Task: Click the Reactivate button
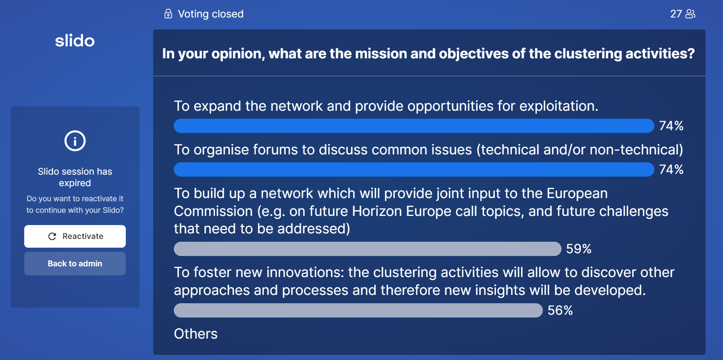click(75, 236)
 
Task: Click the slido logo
click(75, 40)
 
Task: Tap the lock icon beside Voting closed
click(168, 14)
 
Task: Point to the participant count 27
click(676, 14)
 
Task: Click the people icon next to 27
click(690, 14)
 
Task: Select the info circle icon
click(75, 141)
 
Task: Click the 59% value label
click(579, 249)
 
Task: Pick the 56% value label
click(560, 310)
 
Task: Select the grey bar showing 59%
click(367, 249)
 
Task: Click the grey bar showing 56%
click(358, 310)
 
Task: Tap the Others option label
click(196, 334)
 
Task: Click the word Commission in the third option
click(213, 211)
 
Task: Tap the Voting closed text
click(211, 14)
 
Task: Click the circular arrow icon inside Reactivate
click(52, 237)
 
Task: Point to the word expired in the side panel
click(75, 183)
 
